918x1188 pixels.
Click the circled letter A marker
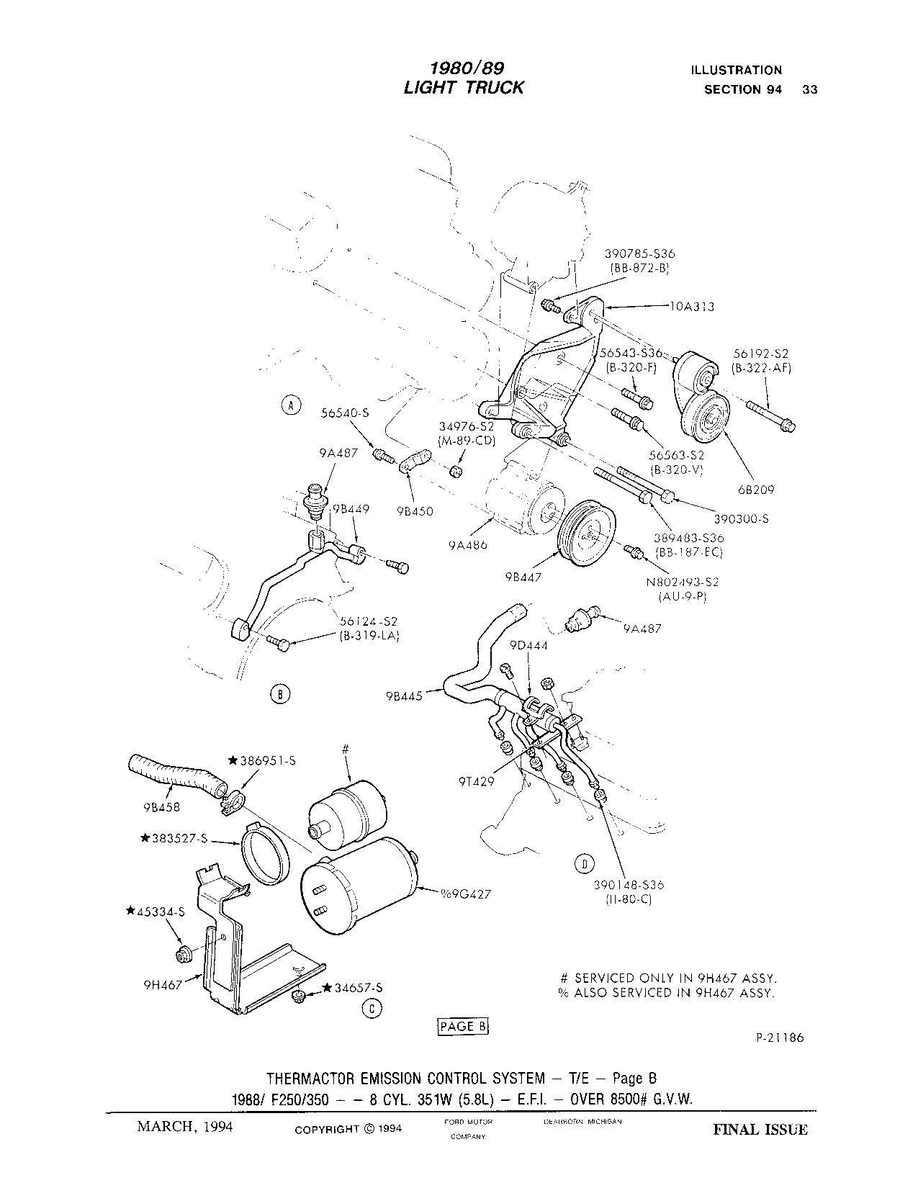[291, 406]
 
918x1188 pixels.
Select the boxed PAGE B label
[463, 1027]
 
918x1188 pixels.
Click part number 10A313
[692, 307]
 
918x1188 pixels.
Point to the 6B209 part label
[755, 490]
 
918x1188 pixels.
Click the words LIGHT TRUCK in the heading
[464, 88]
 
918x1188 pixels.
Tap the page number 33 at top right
[809, 90]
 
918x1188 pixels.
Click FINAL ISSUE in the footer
[760, 1129]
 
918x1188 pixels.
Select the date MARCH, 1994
[185, 1127]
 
